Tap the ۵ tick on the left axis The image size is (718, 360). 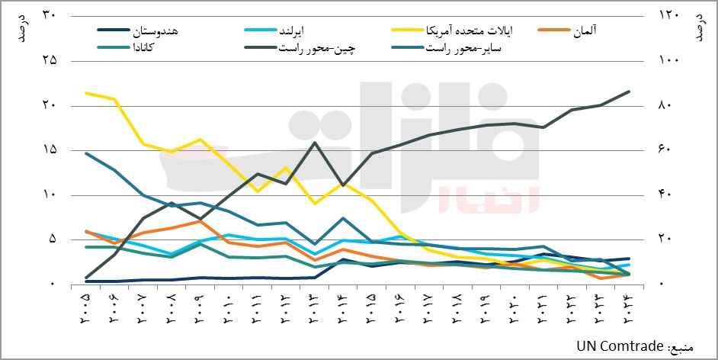[x=53, y=239]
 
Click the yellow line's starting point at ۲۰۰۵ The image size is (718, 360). [x=86, y=93]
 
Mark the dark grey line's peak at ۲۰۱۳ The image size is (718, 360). [x=315, y=143]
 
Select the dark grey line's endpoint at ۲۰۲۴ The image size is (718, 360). [x=629, y=92]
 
